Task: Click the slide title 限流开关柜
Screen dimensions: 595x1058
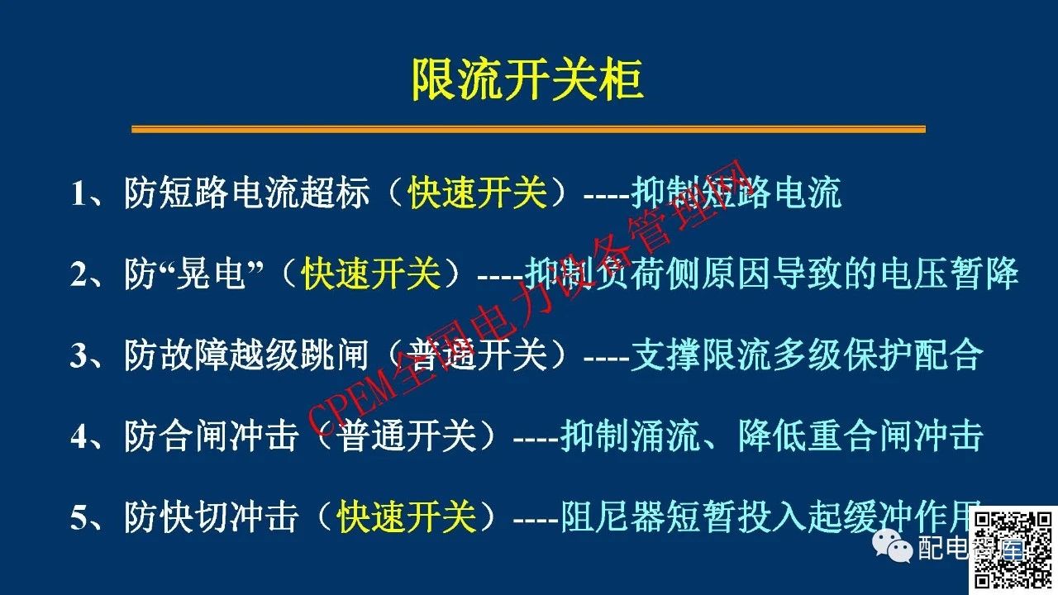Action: click(527, 81)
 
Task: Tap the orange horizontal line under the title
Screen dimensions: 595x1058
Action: click(529, 129)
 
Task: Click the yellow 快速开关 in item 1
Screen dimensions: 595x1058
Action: click(478, 194)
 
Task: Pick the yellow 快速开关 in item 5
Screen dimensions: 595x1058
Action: click(407, 517)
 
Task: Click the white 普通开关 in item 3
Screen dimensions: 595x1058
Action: click(478, 355)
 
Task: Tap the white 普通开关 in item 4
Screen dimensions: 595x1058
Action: click(407, 436)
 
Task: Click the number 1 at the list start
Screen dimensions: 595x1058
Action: click(79, 195)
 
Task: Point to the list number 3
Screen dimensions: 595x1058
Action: click(79, 356)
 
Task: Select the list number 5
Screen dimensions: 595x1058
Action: click(79, 518)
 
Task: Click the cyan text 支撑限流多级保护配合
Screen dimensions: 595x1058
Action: click(807, 355)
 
